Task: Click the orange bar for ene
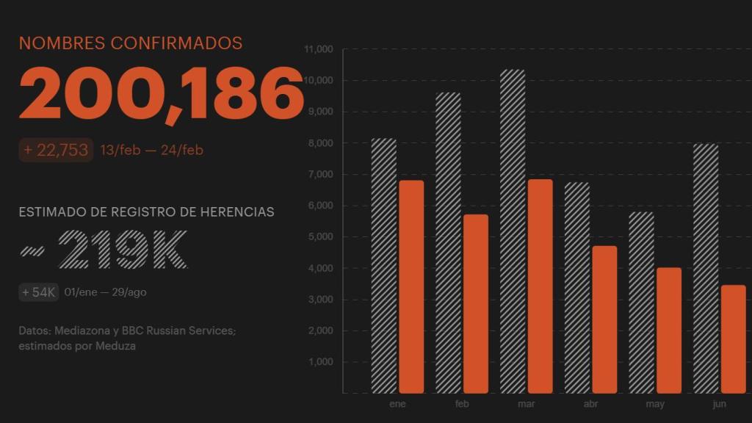(411, 286)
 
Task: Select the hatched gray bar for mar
(513, 231)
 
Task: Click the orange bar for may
(668, 330)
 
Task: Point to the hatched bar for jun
(705, 268)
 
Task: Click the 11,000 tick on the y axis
(319, 49)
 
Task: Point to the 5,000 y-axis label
(321, 237)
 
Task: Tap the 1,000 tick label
(321, 362)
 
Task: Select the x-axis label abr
(590, 405)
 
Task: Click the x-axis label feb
(462, 405)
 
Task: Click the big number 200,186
(161, 93)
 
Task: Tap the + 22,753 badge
(56, 150)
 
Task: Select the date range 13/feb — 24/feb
(151, 151)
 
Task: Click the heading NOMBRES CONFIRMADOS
(131, 43)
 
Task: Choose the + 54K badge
(39, 292)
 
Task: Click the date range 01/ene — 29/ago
(105, 292)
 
